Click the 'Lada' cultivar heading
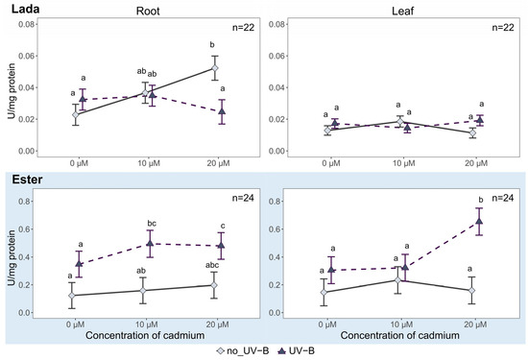[x=25, y=9]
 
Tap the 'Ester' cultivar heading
[x=27, y=180]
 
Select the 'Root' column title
[x=148, y=12]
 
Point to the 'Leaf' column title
[x=402, y=12]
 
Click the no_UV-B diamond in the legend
[x=220, y=351]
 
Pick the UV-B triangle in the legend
[x=282, y=351]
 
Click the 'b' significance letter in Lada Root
[x=212, y=45]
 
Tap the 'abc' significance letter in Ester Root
[x=212, y=265]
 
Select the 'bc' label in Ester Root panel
[x=152, y=224]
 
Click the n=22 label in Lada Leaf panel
[x=503, y=27]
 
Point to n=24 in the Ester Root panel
[x=243, y=198]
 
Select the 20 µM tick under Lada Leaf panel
[x=476, y=163]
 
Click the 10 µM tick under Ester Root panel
[x=147, y=325]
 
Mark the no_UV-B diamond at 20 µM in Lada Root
[x=214, y=68]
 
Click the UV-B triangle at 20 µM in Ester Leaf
[x=478, y=221]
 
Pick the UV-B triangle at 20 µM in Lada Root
[x=222, y=111]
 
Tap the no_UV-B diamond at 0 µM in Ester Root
[x=72, y=296]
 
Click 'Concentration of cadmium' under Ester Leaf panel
[x=399, y=335]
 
